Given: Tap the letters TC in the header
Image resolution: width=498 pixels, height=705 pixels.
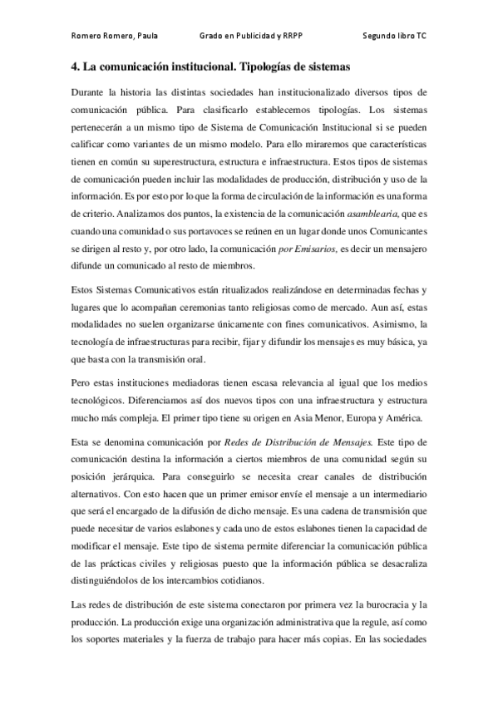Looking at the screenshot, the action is [x=423, y=37].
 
